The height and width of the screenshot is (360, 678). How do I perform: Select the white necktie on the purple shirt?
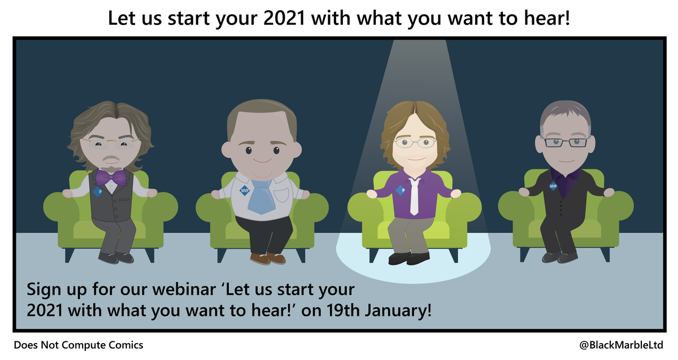pyautogui.click(x=414, y=196)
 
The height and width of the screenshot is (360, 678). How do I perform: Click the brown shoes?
pyautogui.click(x=268, y=258)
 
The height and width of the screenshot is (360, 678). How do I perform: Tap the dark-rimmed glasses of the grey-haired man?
pyautogui.click(x=565, y=141)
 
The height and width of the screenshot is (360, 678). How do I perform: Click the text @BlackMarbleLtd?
pyautogui.click(x=621, y=345)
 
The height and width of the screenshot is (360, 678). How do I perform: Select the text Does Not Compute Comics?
pyautogui.click(x=79, y=345)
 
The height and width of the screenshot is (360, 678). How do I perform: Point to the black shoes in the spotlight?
pyautogui.click(x=410, y=258)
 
